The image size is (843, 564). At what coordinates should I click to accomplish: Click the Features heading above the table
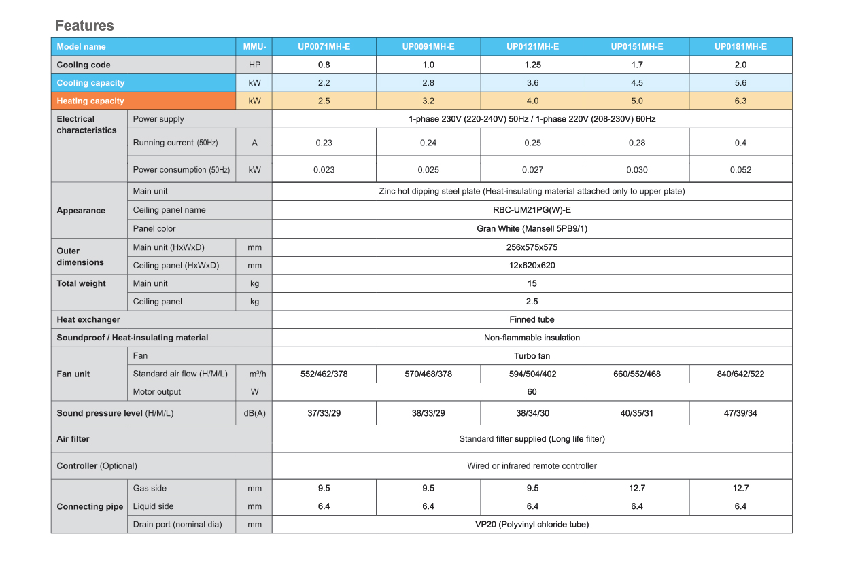pos(84,26)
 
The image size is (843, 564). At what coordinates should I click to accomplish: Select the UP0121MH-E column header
pos(532,47)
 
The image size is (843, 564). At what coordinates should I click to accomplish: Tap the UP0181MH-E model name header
pos(740,47)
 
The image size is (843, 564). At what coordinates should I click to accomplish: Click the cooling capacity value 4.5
pos(636,83)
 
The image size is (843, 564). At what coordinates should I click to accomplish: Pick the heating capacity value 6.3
pos(740,101)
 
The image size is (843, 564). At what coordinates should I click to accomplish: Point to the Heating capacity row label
pos(90,101)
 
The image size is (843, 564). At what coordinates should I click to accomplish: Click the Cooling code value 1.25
pos(532,65)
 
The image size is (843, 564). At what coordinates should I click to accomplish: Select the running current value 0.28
pos(636,143)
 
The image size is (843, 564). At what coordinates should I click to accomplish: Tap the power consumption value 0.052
pos(740,170)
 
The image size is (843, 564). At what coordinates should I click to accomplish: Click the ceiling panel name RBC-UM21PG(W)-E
pos(532,210)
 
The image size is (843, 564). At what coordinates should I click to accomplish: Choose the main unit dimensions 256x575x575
pos(532,247)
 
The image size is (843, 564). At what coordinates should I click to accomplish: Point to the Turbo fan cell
pos(532,356)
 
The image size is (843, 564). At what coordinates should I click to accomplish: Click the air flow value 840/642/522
pos(740,374)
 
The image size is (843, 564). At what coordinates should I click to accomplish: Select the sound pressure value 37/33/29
pos(324,413)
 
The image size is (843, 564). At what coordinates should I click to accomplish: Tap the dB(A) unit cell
pos(254,413)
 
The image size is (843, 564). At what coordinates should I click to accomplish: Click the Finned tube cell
pos(532,319)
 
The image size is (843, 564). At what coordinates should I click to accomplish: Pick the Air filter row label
pos(73,439)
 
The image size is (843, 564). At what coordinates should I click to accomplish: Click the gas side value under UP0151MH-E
pos(636,488)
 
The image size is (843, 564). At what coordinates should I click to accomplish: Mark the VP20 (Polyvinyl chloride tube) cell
pos(532,525)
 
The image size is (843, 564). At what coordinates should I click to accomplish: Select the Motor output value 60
pos(532,392)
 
